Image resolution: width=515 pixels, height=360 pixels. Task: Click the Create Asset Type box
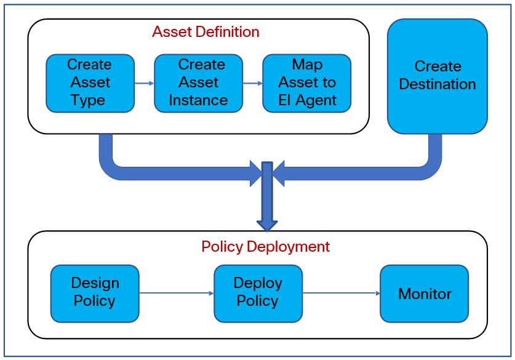coord(89,82)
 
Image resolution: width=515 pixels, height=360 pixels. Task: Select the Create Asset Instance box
coord(198,82)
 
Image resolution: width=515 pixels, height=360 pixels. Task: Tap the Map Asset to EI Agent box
coord(306,82)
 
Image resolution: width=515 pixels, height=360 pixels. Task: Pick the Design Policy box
coord(94,293)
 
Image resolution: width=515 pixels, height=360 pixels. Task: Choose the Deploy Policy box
coord(258,293)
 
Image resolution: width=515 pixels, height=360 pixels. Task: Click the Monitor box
coord(424,293)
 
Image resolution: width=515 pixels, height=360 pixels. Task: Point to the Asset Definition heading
coord(206,31)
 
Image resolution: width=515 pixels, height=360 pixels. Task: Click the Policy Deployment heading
coord(265,247)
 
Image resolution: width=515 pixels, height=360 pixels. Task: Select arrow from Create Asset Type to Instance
coord(144,82)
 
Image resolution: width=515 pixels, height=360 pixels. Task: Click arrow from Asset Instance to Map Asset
coord(252,82)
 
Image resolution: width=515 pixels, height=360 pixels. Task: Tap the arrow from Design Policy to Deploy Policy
coord(176,294)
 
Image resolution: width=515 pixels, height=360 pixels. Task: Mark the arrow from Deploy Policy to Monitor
coord(341,294)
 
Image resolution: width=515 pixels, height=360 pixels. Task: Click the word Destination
coord(437,84)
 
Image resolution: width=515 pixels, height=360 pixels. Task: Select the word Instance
coord(198,100)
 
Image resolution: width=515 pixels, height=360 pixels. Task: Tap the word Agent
coord(319,100)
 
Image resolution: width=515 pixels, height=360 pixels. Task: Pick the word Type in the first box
coord(88,100)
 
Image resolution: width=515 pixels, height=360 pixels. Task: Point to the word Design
coord(95,283)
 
